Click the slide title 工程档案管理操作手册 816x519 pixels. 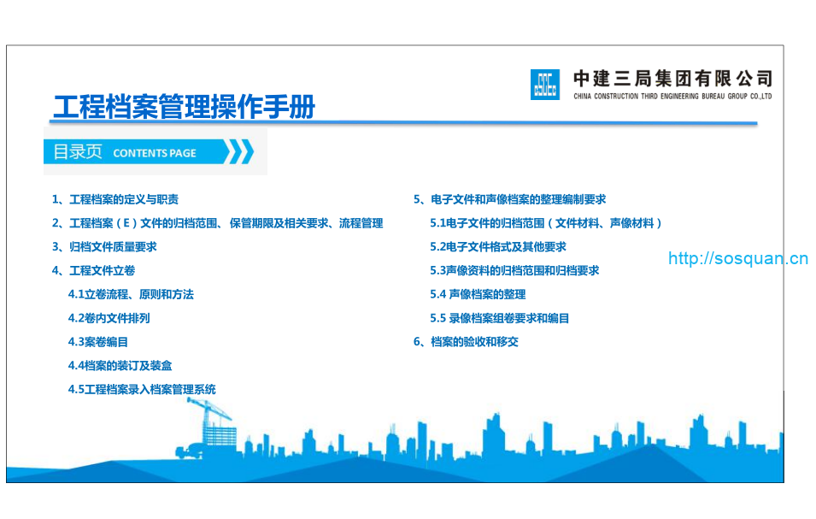point(184,108)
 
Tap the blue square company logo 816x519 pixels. point(544,84)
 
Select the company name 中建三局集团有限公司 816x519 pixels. point(672,79)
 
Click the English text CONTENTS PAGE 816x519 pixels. point(155,153)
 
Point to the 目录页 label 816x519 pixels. point(78,152)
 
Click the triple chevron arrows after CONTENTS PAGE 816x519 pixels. point(240,152)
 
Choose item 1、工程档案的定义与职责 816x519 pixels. point(115,199)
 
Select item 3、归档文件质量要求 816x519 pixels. point(104,246)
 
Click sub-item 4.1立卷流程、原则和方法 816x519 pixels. point(131,294)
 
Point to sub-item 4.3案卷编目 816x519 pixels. point(98,342)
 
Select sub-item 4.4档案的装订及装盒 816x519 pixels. point(120,366)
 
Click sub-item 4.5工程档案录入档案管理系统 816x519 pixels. point(142,389)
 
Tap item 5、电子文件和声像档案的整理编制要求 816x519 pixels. point(510,199)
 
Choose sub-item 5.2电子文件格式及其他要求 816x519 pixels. point(498,246)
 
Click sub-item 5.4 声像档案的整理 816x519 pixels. point(478,294)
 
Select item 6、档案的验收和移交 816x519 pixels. point(466,342)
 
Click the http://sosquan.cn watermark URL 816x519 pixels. point(737,257)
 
